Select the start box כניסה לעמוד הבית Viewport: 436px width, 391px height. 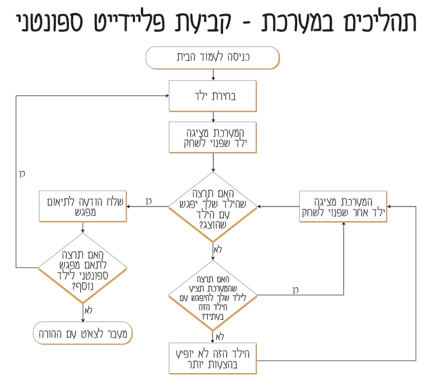coord(212,57)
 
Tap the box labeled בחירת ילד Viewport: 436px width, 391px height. coord(212,96)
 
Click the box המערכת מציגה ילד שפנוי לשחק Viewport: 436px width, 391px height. coord(212,137)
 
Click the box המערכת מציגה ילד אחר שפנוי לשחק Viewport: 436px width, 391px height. coord(343,206)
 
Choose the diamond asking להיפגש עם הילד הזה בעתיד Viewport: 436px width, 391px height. coord(212,294)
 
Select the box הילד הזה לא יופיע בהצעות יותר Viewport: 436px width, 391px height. coord(212,358)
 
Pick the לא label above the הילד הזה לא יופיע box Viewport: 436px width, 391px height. coord(219,337)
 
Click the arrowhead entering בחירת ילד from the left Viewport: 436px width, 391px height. coord(166,96)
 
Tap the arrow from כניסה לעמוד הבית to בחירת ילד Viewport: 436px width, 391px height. coord(212,74)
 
